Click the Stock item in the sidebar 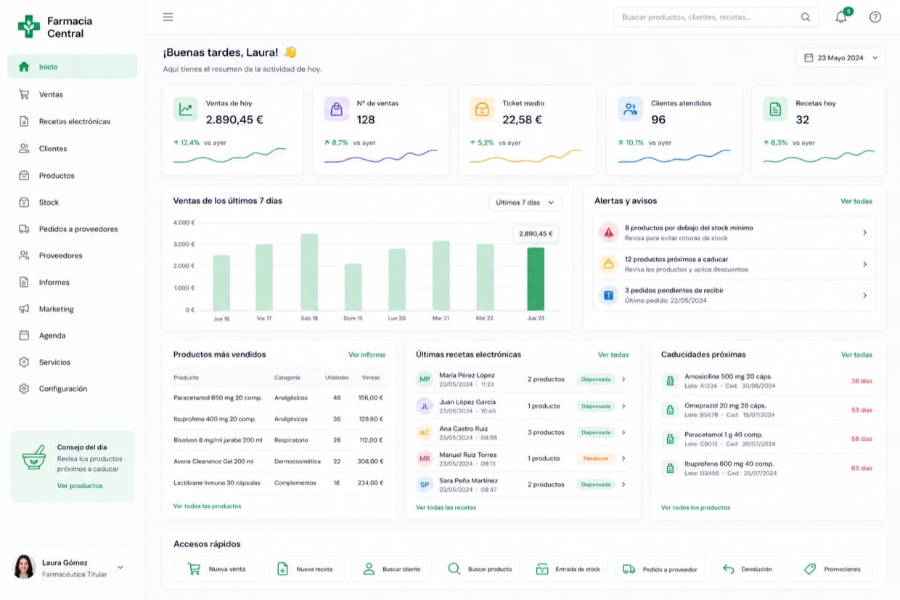click(x=48, y=202)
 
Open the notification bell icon click(x=841, y=17)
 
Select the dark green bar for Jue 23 click(x=536, y=279)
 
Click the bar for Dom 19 click(x=353, y=287)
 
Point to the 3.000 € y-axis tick click(x=184, y=244)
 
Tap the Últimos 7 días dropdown click(x=525, y=202)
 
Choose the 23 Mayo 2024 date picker click(x=840, y=58)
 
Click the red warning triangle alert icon click(x=609, y=232)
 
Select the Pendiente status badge click(x=595, y=458)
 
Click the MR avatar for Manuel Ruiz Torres click(x=425, y=459)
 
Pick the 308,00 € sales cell click(x=370, y=461)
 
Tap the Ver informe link click(x=367, y=354)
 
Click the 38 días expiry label click(x=862, y=381)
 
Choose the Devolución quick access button click(x=748, y=569)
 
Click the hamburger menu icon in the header click(x=168, y=17)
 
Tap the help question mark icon click(x=875, y=17)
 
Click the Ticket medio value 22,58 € click(x=522, y=120)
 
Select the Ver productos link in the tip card click(x=80, y=486)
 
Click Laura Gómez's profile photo click(x=24, y=567)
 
